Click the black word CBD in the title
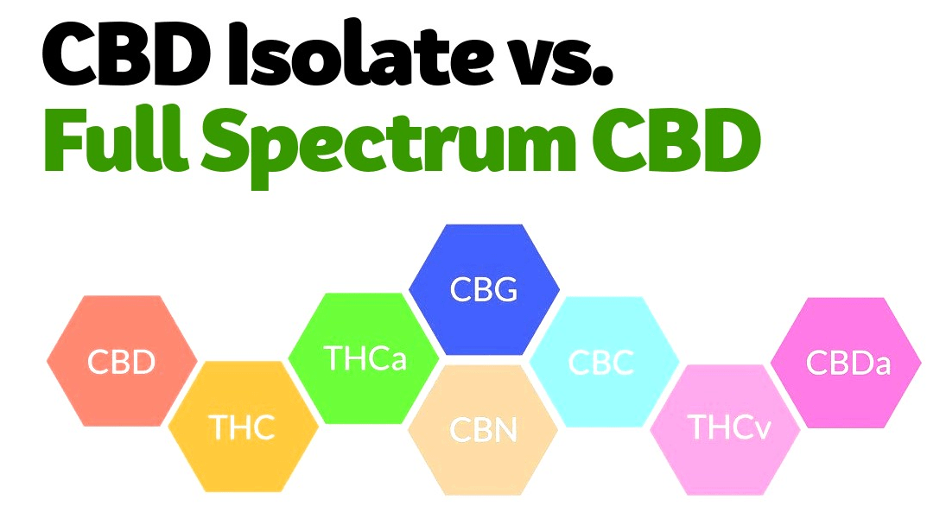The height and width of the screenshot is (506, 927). [x=126, y=55]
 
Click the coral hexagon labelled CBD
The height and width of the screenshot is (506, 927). [x=122, y=361]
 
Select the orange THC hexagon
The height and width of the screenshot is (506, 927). [x=243, y=427]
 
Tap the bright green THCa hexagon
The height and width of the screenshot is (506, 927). [x=365, y=358]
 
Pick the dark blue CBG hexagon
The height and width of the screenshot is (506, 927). [x=484, y=289]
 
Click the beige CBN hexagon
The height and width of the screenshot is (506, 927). [x=484, y=430]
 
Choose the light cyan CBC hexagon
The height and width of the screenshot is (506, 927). [x=604, y=362]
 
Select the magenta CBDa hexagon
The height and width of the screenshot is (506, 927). [x=846, y=363]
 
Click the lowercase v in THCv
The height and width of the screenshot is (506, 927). [x=762, y=431]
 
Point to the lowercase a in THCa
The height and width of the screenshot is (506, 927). [x=398, y=361]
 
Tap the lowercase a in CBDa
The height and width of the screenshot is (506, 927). [x=881, y=365]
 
